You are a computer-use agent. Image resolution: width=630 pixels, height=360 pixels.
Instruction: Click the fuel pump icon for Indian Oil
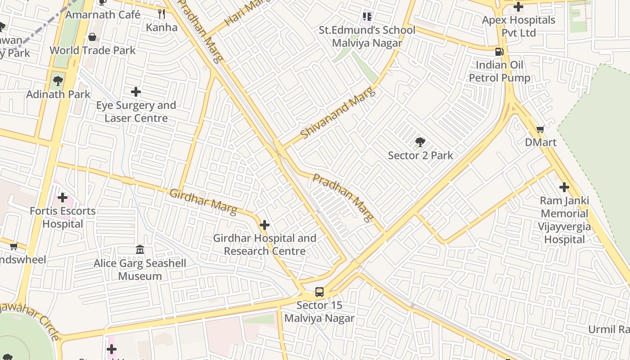[x=499, y=52]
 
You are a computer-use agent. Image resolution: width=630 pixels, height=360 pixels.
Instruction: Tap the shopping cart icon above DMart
[x=540, y=129]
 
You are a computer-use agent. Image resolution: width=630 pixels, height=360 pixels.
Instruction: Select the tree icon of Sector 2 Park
[x=420, y=143]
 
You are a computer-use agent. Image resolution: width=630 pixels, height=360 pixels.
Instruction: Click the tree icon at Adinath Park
[x=58, y=81]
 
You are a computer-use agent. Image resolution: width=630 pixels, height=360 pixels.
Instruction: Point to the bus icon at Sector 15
[x=319, y=292]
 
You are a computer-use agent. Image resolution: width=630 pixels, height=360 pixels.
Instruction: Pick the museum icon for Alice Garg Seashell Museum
[x=139, y=250]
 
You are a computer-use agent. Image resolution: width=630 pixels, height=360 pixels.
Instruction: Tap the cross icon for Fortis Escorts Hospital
[x=63, y=198]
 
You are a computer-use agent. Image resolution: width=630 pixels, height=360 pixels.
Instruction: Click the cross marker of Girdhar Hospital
[x=265, y=225]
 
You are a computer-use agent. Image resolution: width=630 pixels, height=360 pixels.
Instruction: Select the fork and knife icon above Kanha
[x=162, y=14]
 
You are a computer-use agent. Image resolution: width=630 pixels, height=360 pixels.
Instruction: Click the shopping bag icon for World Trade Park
[x=92, y=37]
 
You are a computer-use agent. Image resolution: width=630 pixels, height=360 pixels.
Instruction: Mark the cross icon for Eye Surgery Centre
[x=135, y=92]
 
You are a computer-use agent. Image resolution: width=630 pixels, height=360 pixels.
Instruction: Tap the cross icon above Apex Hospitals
[x=518, y=7]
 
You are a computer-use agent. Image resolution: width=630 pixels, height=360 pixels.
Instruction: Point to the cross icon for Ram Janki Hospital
[x=564, y=187]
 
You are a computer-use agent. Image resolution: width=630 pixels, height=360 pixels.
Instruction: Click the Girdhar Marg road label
[x=203, y=202]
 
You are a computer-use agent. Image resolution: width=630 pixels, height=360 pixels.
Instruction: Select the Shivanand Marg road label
[x=337, y=114]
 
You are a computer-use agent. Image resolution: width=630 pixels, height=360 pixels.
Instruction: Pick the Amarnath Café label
[x=103, y=15]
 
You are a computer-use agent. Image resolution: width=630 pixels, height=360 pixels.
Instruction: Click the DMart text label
[x=540, y=143]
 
